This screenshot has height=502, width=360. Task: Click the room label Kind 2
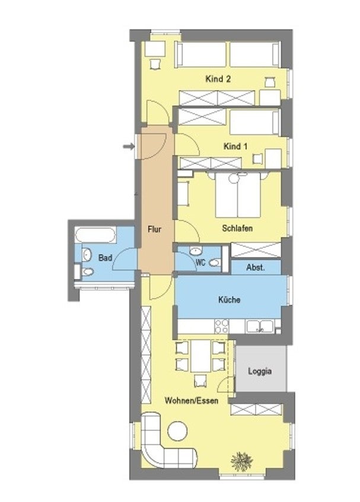pyautogui.click(x=218, y=79)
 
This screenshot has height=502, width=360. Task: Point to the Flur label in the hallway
pyautogui.click(x=155, y=229)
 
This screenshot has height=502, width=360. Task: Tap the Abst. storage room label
pyautogui.click(x=256, y=268)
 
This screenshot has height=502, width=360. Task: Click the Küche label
pyautogui.click(x=229, y=300)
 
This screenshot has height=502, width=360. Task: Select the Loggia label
pyautogui.click(x=261, y=372)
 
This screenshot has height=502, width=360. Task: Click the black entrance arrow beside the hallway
pyautogui.click(x=128, y=146)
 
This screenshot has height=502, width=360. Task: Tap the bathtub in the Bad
pyautogui.click(x=95, y=235)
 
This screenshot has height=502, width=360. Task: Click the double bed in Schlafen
pyautogui.click(x=237, y=196)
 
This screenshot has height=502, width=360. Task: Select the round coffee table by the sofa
pyautogui.click(x=176, y=430)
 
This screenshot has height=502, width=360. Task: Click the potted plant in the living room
pyautogui.click(x=242, y=459)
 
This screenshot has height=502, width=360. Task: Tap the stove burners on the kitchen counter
pyautogui.click(x=221, y=326)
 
